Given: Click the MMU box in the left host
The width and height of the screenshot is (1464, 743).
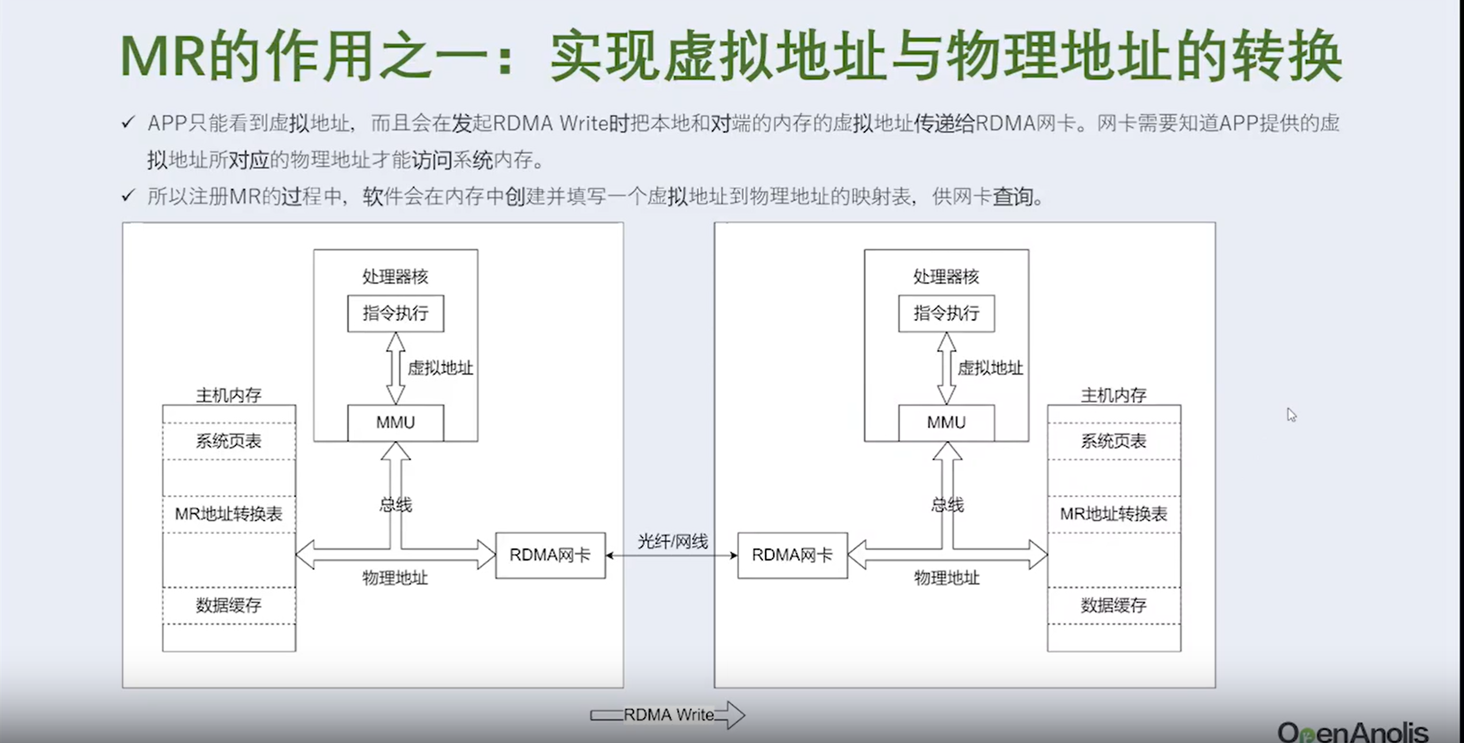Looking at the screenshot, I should click(395, 422).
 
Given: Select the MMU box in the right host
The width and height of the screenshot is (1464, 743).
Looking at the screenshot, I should click(946, 422).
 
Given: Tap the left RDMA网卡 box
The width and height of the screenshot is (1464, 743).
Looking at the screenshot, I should click(550, 555).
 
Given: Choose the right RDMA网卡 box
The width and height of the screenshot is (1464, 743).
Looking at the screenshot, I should click(792, 555).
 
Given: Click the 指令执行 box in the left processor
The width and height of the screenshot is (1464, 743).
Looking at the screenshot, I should click(395, 313).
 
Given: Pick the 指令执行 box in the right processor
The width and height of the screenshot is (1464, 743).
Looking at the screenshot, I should click(946, 313).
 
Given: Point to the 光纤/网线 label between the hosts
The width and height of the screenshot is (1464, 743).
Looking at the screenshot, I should click(672, 542).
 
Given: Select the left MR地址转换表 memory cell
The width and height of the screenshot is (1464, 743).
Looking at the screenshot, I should click(229, 514).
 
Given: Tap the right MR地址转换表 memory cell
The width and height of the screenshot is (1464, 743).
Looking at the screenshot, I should click(1114, 514).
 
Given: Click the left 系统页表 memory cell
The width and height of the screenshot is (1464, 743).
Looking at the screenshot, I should click(229, 441).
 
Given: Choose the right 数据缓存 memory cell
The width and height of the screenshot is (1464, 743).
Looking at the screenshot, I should click(1114, 605).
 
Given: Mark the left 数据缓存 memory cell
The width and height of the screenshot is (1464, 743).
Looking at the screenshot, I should click(229, 605).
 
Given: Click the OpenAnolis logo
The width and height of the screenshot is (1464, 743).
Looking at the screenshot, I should click(1352, 731).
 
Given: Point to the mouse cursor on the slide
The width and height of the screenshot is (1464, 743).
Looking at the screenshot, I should click(1291, 414).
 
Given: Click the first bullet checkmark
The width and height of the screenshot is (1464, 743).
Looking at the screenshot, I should click(128, 122).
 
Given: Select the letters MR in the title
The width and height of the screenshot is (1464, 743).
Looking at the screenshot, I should click(163, 56).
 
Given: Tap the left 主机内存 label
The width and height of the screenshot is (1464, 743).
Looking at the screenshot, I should click(229, 395).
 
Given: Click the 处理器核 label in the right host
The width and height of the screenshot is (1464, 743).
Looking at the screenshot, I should click(946, 277).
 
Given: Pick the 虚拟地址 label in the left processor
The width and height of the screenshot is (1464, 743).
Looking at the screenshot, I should click(440, 368).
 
